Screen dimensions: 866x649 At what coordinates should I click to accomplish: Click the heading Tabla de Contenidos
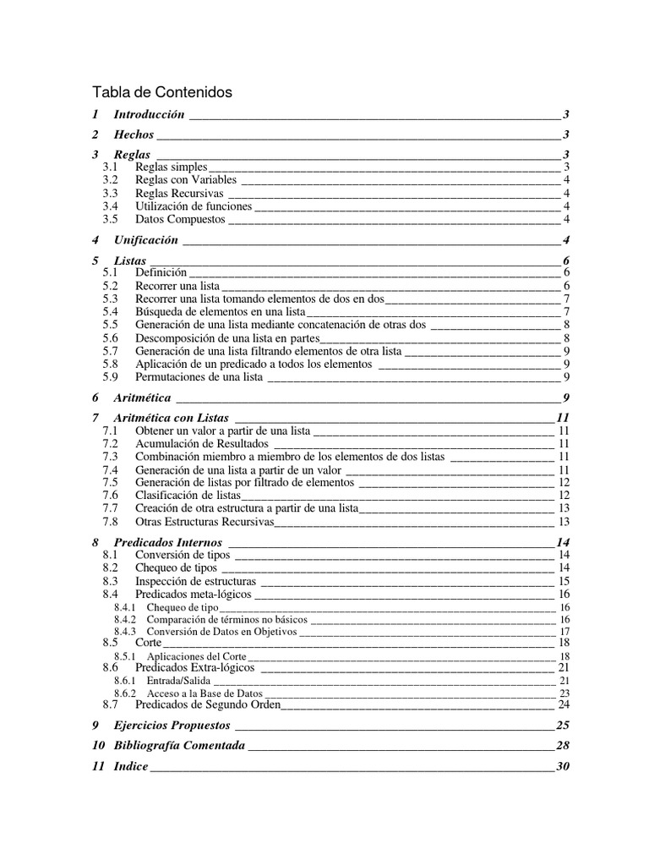161,92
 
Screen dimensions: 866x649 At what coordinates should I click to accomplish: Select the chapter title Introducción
149,114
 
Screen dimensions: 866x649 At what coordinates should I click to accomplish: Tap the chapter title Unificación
146,240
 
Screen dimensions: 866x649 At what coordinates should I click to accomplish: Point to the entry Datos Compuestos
180,219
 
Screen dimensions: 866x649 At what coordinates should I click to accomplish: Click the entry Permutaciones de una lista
199,376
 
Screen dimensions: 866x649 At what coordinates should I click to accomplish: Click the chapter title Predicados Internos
168,542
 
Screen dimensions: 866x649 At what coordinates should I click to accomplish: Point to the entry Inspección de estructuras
196,582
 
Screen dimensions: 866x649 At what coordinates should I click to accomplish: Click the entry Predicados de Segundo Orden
208,704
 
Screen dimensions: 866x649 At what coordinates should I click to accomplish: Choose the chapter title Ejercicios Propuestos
172,726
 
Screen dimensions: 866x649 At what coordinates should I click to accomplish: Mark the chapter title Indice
131,766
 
